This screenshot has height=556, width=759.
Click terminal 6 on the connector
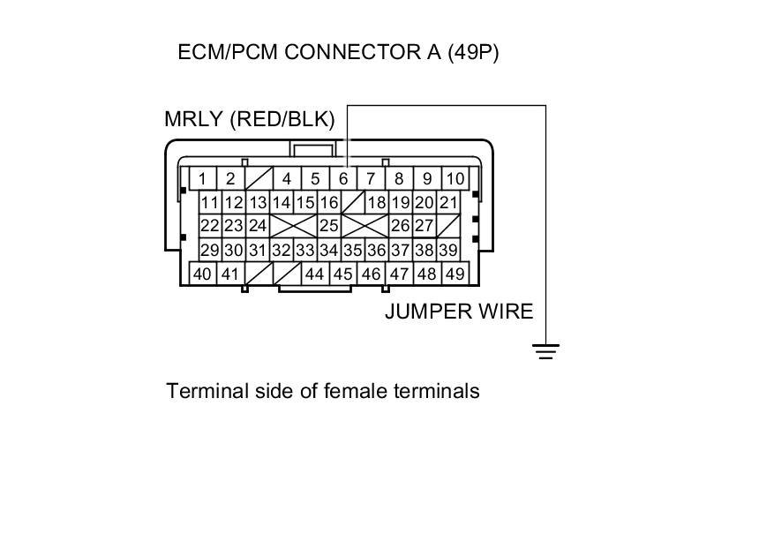343,179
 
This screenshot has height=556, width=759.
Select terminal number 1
203,179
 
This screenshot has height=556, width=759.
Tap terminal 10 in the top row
455,179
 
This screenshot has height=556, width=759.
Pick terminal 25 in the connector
328,226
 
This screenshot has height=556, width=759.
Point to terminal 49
455,274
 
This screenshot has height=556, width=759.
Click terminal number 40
203,274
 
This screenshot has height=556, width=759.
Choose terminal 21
448,203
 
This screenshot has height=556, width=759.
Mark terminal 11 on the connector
209,203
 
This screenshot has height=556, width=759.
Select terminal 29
209,251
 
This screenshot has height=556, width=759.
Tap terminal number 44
314,274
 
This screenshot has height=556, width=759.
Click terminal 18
377,203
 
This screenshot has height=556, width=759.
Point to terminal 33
304,251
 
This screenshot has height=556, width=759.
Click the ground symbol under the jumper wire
546,352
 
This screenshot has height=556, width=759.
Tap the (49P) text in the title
473,52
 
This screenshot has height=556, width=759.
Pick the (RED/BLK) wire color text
282,120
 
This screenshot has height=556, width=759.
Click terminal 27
425,226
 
